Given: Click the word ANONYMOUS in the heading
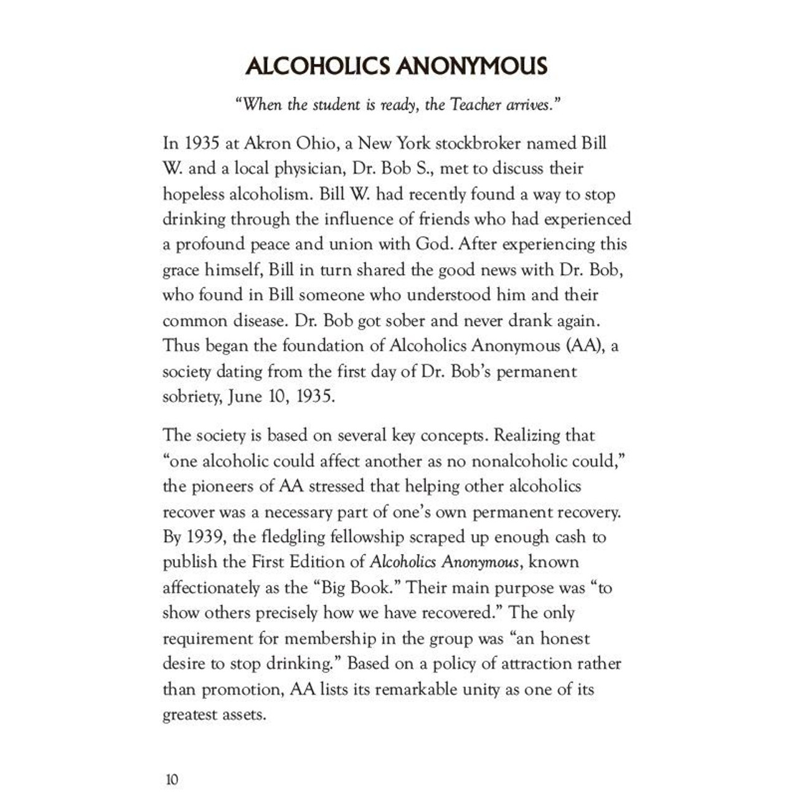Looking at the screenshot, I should tap(471, 66).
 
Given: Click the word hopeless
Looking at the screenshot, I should tap(194, 194).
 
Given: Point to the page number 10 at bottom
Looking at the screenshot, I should tap(172, 779).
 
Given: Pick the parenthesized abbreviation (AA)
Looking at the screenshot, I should tap(585, 346).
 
